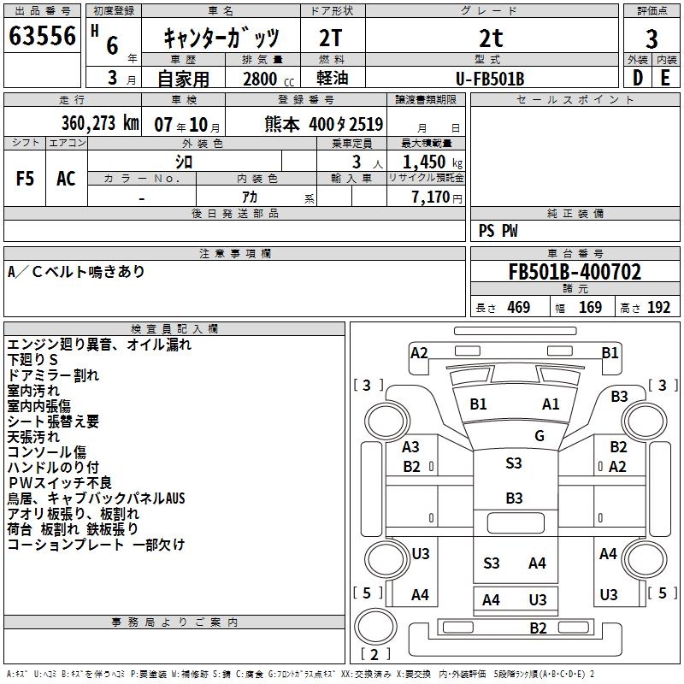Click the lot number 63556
(x=42, y=37)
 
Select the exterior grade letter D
(x=637, y=78)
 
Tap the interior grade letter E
(x=665, y=78)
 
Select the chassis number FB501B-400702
(x=575, y=272)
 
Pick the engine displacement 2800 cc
(x=266, y=79)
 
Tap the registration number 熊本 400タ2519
(x=323, y=123)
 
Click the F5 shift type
(x=26, y=179)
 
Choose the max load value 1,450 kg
(x=426, y=162)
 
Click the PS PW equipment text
(x=498, y=231)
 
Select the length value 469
(x=518, y=308)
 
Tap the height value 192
(x=658, y=308)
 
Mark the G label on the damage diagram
(x=540, y=436)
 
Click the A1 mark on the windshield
(x=551, y=404)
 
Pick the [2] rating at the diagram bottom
(x=370, y=655)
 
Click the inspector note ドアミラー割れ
(x=53, y=375)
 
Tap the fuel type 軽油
(x=332, y=79)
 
